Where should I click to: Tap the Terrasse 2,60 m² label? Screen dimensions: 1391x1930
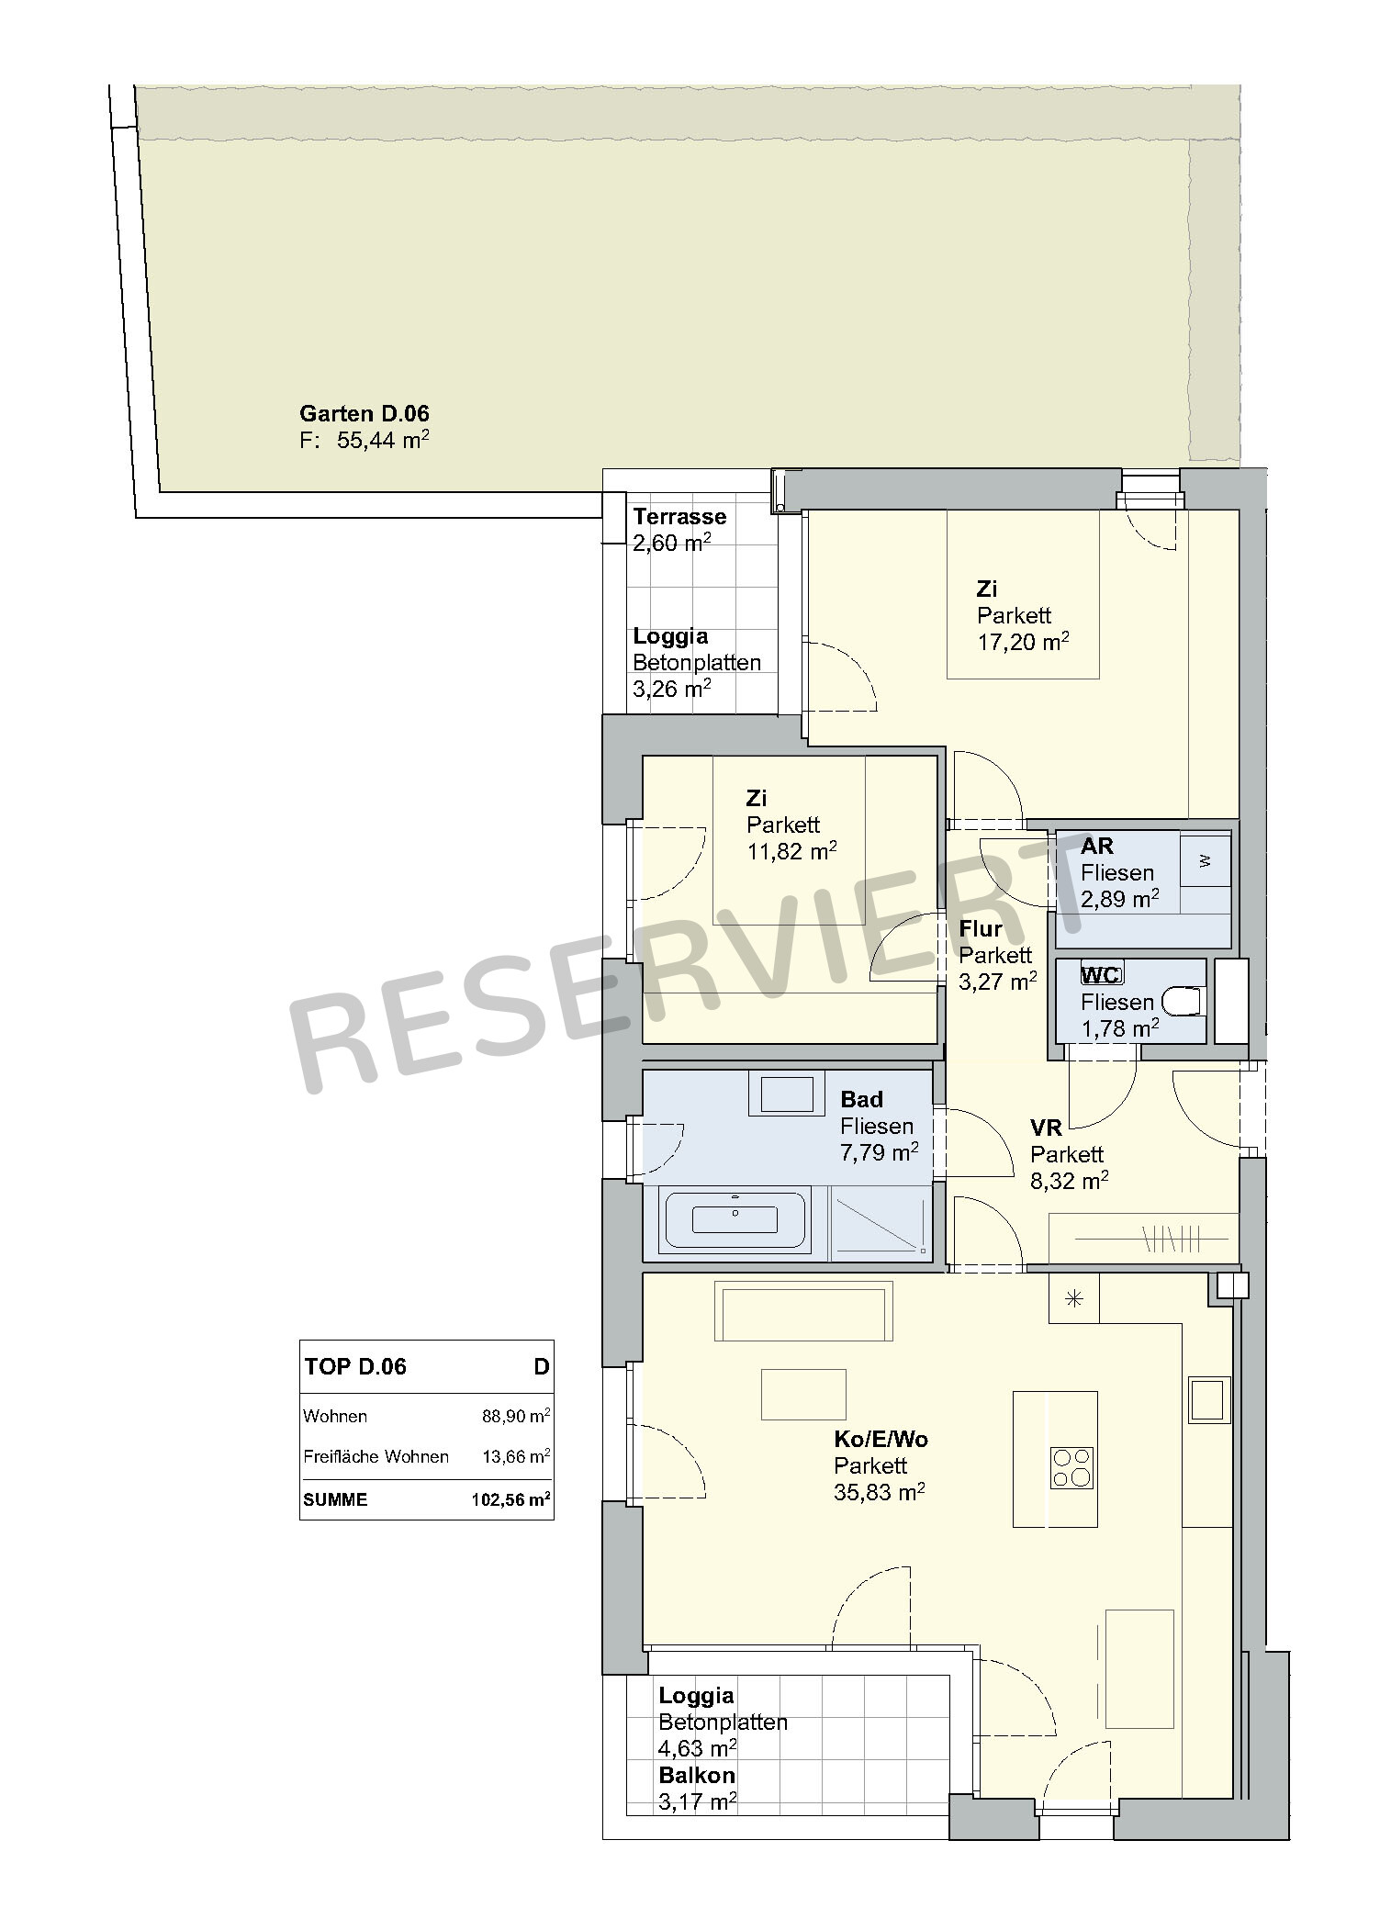[x=679, y=530]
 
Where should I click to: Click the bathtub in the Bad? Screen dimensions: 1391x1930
[x=735, y=1220]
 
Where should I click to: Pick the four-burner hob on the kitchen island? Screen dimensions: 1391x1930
[x=1071, y=1466]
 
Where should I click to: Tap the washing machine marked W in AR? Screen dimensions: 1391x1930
[x=1205, y=860]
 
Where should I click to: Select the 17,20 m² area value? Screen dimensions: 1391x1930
[x=1023, y=641]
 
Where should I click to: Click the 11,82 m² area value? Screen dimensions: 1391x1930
[x=791, y=851]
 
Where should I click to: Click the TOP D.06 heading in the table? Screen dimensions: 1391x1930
[x=355, y=1366]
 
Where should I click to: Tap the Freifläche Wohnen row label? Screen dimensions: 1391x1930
[x=376, y=1456]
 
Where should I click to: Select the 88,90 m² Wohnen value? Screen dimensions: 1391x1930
[x=516, y=1415]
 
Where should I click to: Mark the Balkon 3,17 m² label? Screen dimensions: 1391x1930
[x=698, y=1788]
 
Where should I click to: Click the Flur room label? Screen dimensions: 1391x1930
[x=981, y=928]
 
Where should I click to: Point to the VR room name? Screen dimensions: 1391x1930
[x=1046, y=1128]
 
